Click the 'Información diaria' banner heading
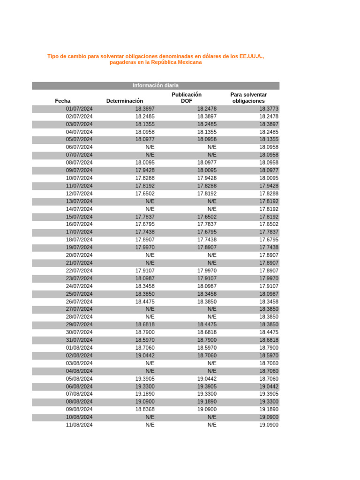[x=155, y=85]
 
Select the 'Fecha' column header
[x=63, y=101]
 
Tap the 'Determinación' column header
[x=125, y=101]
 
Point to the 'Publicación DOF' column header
[x=187, y=97]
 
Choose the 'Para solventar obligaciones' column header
[x=248, y=97]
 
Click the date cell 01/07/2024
[x=79, y=109]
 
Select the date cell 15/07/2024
[x=79, y=217]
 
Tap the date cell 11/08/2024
[x=79, y=425]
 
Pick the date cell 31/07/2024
[x=79, y=340]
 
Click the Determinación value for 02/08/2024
[x=145, y=355]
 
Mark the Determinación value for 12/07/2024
[x=145, y=194]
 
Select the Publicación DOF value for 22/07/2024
[x=207, y=270]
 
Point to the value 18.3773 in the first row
[x=269, y=109]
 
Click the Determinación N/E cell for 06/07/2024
[x=150, y=147]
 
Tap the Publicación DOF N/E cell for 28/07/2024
[x=212, y=317]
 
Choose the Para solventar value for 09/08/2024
[x=269, y=409]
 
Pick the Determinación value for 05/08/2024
[x=145, y=379]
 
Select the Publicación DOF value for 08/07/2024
[x=207, y=163]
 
